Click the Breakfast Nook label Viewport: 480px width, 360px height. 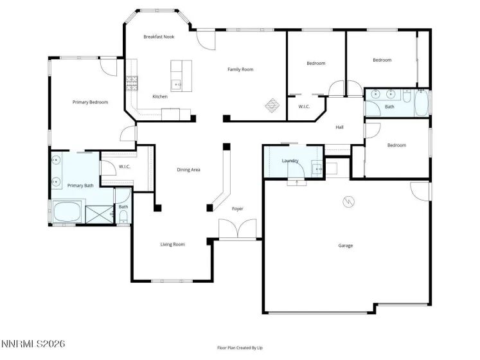click(x=159, y=37)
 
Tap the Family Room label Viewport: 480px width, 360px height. click(x=240, y=69)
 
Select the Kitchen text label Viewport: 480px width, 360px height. click(x=159, y=96)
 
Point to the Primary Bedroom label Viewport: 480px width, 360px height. click(x=90, y=102)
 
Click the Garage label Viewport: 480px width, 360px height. click(x=346, y=245)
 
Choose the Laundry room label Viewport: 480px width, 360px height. click(x=290, y=160)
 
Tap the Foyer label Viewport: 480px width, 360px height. click(x=238, y=208)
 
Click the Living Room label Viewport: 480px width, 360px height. click(x=172, y=244)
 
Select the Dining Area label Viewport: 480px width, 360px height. click(x=189, y=170)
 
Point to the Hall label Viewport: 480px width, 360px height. click(x=339, y=127)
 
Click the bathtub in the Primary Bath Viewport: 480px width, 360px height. click(x=68, y=212)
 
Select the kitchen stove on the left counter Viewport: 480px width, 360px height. click(x=132, y=82)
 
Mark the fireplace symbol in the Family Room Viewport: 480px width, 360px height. click(x=272, y=104)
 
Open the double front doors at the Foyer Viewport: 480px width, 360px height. click(x=238, y=230)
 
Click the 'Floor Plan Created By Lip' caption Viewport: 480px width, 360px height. click(x=240, y=348)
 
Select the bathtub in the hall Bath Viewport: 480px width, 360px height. click(x=421, y=103)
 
